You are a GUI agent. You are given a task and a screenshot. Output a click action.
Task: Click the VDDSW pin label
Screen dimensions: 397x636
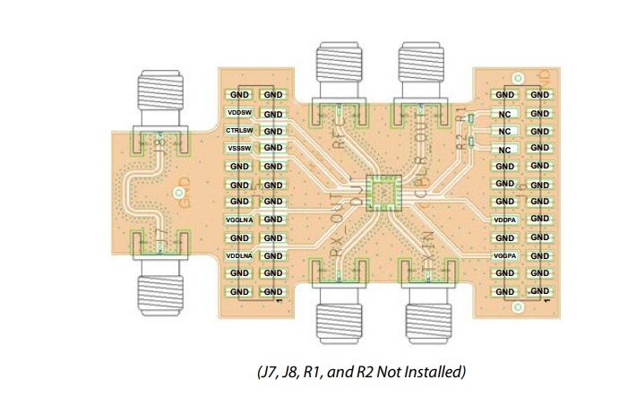click(x=239, y=113)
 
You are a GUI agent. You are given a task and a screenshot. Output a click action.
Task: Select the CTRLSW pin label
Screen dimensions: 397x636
click(x=239, y=131)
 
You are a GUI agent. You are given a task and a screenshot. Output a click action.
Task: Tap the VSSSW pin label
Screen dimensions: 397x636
click(x=239, y=148)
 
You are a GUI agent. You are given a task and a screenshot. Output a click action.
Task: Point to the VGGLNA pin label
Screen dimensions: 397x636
click(x=239, y=220)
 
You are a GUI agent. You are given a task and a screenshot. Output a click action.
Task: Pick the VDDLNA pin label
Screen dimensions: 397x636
click(x=239, y=255)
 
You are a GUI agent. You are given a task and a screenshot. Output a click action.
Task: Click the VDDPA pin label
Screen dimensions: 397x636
click(x=505, y=220)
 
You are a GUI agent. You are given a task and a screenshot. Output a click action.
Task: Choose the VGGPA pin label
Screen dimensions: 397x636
click(x=505, y=256)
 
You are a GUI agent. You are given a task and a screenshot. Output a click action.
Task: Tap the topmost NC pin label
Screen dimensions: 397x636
click(x=505, y=114)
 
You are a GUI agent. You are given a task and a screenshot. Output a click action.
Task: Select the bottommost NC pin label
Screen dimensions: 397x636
click(x=505, y=150)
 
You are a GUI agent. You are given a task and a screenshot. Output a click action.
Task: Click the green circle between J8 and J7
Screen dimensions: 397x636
click(x=178, y=193)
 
